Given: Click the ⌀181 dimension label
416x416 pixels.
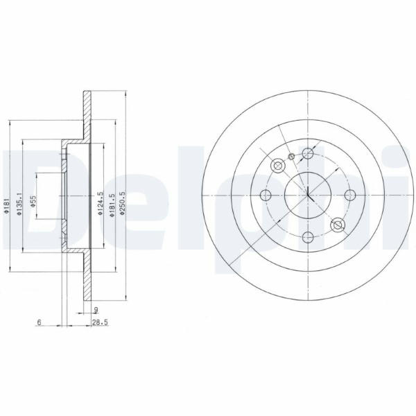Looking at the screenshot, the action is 7,206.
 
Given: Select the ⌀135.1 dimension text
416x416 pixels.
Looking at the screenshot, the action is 19,204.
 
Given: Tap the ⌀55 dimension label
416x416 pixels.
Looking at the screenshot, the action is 33,201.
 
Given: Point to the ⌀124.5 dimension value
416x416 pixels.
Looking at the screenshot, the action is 100,203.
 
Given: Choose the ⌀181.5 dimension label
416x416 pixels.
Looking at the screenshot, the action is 112,205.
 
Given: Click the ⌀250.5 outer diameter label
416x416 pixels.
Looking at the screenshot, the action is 122,202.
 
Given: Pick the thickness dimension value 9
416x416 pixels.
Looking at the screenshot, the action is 96,309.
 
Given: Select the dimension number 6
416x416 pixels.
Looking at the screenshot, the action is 39,322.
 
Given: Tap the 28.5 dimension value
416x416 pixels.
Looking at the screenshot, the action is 100,322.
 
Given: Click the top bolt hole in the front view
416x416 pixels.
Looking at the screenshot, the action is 308,153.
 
